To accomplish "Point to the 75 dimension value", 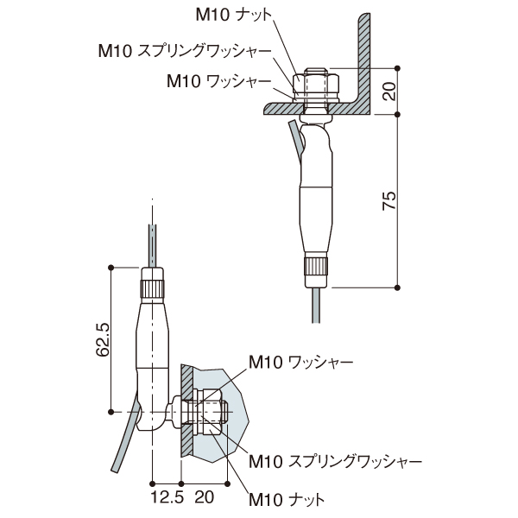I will point(389,201).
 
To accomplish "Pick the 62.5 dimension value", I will point(101,340).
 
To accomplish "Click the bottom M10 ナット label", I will point(286,499).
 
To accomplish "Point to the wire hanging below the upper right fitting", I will point(317,302).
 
